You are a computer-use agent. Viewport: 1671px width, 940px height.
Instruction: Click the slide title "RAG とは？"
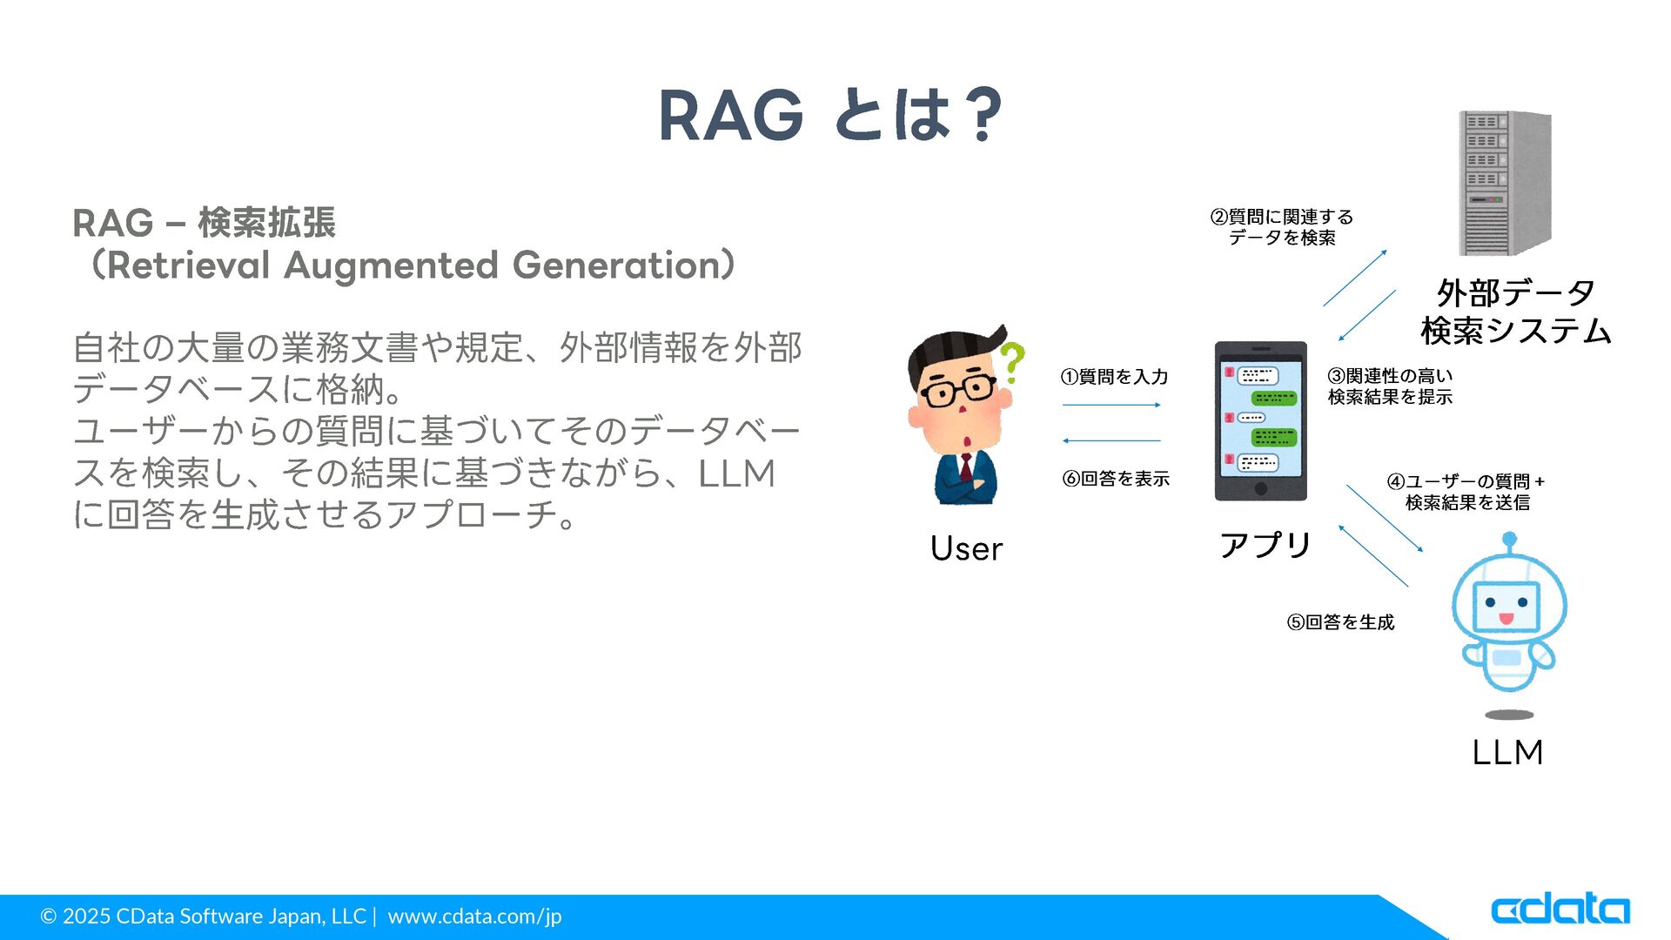(831, 115)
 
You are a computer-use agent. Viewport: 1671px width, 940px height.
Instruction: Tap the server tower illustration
(1505, 183)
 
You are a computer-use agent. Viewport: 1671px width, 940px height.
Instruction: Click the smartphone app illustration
(1260, 421)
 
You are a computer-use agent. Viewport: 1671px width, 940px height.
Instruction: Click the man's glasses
(959, 391)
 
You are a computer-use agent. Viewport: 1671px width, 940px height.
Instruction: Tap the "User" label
(966, 548)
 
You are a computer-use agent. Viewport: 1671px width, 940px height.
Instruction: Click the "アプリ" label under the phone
(1265, 545)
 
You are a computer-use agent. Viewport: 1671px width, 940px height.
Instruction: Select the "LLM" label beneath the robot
(1507, 752)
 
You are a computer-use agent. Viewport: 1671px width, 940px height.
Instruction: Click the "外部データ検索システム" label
(1515, 312)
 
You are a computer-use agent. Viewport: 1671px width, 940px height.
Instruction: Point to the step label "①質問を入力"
(1114, 377)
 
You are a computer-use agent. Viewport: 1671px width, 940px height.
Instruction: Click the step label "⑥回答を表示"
(1116, 479)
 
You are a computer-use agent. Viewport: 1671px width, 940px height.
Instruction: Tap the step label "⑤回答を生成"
(1340, 622)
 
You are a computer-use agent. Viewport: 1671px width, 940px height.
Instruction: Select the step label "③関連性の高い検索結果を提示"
(1390, 386)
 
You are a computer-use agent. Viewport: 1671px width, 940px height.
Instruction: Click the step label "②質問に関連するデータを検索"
(1282, 227)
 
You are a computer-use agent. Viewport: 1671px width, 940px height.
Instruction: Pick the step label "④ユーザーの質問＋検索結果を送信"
(1466, 492)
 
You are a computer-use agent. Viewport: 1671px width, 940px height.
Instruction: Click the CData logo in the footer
(1560, 909)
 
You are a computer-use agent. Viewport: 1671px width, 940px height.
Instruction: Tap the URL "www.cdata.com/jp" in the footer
(474, 916)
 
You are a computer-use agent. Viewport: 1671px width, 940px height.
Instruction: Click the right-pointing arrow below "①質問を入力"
(1111, 405)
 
